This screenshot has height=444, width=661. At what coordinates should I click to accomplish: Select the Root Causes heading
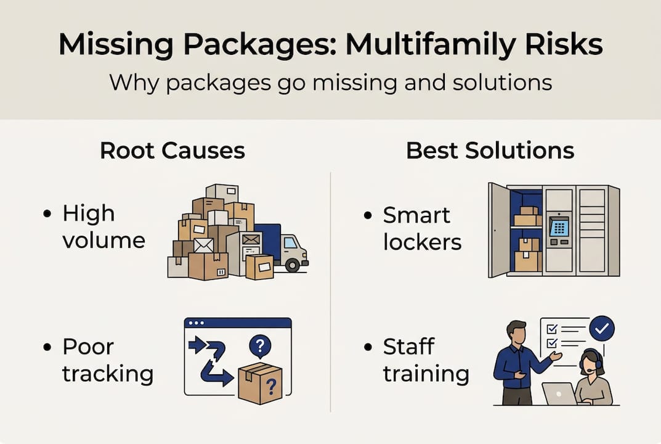click(172, 150)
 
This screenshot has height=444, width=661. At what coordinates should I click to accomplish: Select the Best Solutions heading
click(490, 150)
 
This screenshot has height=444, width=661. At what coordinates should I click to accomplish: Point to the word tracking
click(108, 374)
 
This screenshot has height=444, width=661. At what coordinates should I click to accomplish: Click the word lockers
click(422, 242)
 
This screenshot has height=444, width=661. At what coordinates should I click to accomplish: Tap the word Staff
click(408, 347)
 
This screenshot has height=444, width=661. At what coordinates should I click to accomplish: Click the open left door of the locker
click(499, 230)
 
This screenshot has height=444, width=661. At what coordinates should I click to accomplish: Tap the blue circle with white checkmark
click(602, 328)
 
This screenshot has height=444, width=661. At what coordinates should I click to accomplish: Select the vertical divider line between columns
click(331, 290)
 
